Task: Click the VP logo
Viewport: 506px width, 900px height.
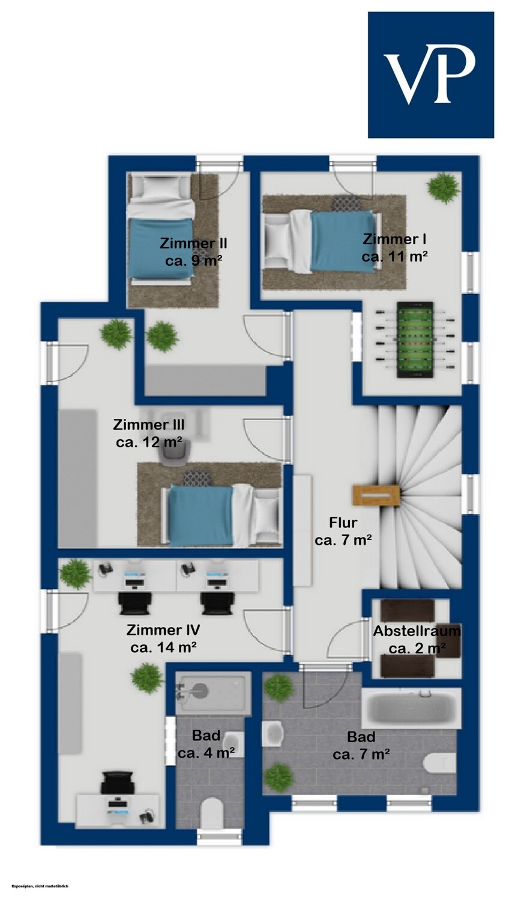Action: point(431,75)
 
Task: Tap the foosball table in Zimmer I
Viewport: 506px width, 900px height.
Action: point(415,340)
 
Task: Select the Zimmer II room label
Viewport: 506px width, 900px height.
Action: point(194,251)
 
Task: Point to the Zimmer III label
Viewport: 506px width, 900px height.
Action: point(149,433)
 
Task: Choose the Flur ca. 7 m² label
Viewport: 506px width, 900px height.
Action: point(343,531)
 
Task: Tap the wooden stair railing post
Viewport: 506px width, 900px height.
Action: point(376,495)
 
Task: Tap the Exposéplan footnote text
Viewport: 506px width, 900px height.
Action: point(40,886)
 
